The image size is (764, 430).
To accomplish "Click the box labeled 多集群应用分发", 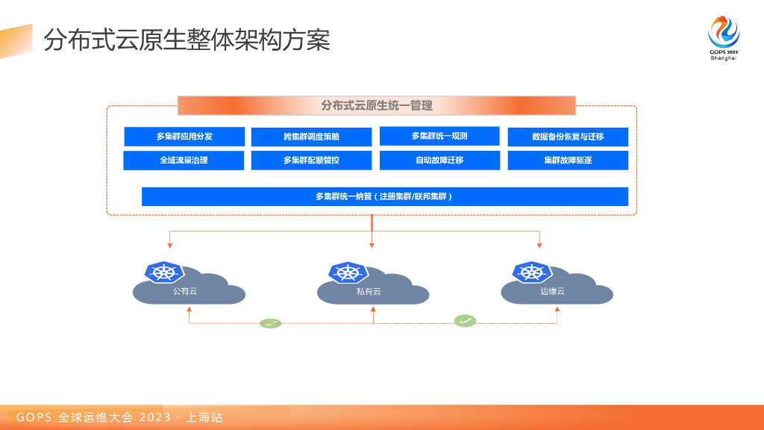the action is click(184, 137).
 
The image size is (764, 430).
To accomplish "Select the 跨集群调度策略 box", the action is click(311, 137).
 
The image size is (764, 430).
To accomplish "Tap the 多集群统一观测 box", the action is click(439, 136).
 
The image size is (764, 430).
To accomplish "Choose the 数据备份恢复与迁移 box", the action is click(568, 137).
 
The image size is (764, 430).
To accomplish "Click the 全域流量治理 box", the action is click(184, 161).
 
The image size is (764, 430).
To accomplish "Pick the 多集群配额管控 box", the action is click(311, 161).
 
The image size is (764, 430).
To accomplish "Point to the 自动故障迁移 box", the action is click(439, 161).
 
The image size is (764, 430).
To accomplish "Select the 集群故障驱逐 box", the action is click(568, 161).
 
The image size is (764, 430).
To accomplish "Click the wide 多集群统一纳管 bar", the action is click(385, 196).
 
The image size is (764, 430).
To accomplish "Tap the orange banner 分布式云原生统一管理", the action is click(377, 105).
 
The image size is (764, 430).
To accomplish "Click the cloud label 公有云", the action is click(185, 292).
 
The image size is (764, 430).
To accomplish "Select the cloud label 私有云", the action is click(369, 292).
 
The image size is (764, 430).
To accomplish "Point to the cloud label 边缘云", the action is click(553, 292).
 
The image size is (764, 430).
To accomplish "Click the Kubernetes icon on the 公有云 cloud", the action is click(164, 272).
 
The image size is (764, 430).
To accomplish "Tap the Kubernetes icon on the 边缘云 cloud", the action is click(531, 272).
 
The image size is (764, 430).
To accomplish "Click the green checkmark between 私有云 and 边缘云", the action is click(465, 321).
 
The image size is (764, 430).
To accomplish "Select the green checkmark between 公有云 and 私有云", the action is click(270, 323).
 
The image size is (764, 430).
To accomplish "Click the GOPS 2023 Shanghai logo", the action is click(724, 38).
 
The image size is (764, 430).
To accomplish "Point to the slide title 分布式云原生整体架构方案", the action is click(187, 40).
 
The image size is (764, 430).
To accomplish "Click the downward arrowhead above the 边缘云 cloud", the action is click(539, 245).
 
